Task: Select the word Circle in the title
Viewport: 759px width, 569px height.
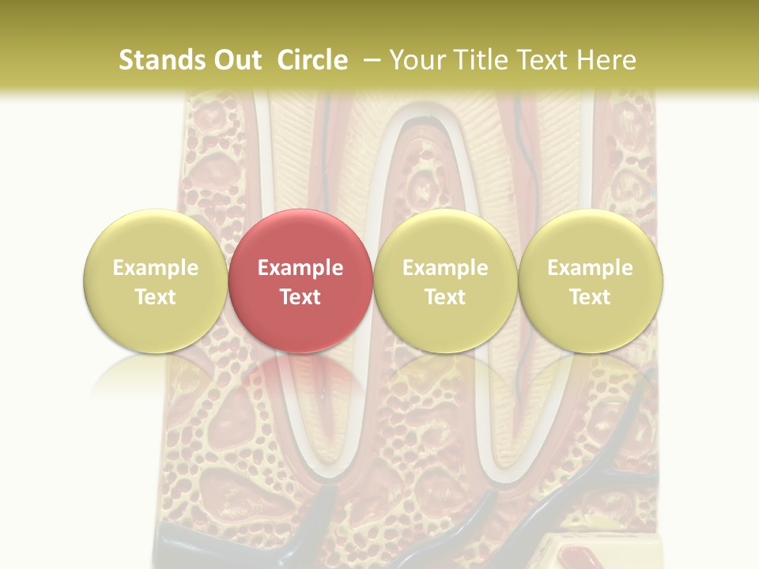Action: tap(312, 60)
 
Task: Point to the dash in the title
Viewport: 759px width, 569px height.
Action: tap(371, 60)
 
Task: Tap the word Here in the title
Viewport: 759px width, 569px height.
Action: tap(606, 60)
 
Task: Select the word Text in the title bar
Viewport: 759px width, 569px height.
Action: tap(545, 60)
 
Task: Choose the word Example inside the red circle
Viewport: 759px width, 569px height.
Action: tap(300, 268)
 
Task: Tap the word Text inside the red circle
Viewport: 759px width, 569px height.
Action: tap(300, 297)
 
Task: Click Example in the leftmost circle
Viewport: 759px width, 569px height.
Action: tap(155, 268)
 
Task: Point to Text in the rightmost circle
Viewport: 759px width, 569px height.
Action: tap(590, 297)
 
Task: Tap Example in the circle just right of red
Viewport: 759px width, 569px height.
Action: tap(445, 268)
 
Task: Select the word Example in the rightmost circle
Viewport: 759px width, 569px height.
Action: tap(590, 268)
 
